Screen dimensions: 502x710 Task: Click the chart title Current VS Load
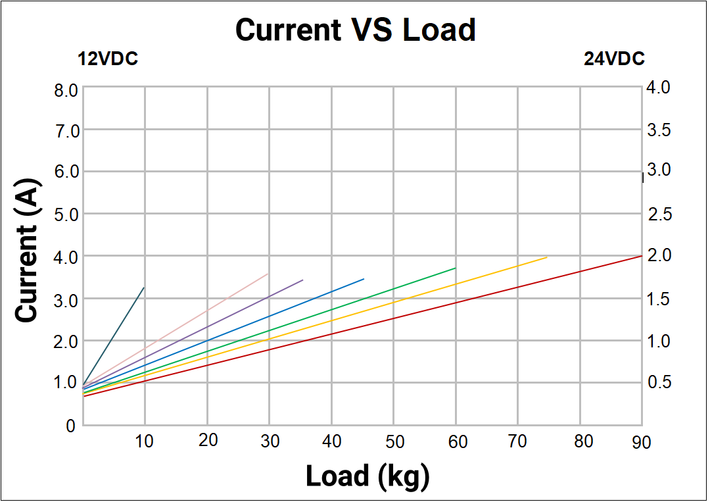coord(355,30)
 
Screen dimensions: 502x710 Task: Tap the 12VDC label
coord(108,59)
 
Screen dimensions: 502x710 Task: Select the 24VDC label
coord(614,59)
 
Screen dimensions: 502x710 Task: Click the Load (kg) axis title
coord(367,475)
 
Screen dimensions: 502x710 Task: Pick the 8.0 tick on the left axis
coord(66,89)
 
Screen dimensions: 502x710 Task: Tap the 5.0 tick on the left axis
coord(66,215)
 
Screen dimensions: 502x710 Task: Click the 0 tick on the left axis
coord(70,426)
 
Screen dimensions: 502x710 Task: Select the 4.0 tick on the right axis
coord(658,88)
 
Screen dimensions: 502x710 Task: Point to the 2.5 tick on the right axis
coord(658,214)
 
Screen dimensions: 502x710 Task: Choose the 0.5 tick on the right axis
coord(658,383)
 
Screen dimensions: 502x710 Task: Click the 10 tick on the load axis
coord(145,441)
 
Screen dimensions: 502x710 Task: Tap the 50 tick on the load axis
coord(394,441)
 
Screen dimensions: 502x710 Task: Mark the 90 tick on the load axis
coord(641,442)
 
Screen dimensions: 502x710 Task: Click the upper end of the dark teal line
coord(144,288)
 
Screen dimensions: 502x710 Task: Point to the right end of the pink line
coord(268,274)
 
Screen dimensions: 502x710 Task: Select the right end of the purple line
coord(303,280)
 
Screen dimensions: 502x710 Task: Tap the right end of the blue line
coord(364,279)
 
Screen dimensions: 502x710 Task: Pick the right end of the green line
coord(456,268)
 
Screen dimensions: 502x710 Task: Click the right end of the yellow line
coord(547,257)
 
